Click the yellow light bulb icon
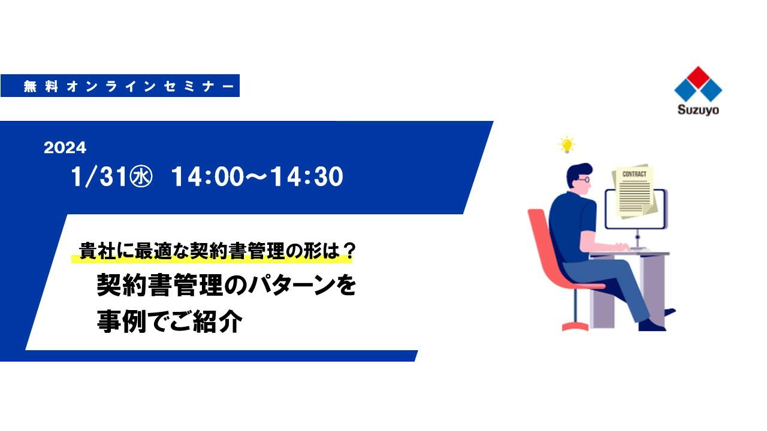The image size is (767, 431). click(567, 144)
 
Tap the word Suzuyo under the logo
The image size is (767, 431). click(698, 110)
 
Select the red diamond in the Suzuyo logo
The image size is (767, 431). click(698, 76)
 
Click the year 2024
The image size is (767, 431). click(65, 147)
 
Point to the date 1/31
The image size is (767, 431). click(99, 177)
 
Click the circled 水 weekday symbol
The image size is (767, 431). click(141, 177)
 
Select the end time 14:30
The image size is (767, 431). click(307, 177)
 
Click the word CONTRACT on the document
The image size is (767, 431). click(634, 174)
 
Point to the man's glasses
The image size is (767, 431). click(584, 179)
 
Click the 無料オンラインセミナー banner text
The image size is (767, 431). click(129, 86)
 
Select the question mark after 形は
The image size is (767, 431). click(349, 251)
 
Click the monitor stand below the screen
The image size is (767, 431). click(638, 239)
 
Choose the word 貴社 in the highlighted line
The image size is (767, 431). click(96, 251)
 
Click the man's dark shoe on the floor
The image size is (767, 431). click(651, 325)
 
